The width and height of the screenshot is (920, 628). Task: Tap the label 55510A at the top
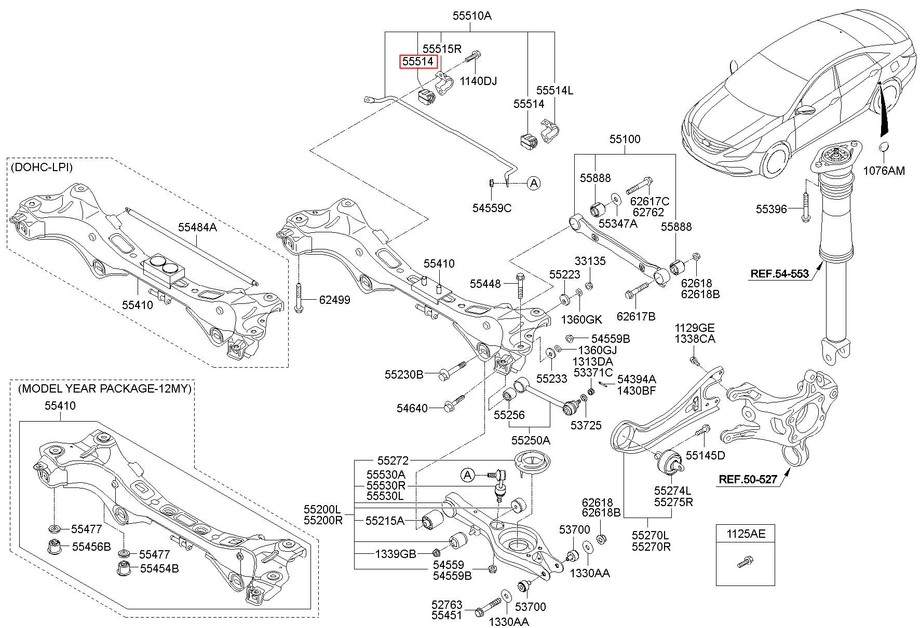(471, 16)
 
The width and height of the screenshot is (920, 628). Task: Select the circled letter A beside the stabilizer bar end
(534, 183)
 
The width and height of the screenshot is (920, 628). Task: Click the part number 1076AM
(884, 171)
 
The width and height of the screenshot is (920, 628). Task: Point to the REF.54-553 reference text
(779, 273)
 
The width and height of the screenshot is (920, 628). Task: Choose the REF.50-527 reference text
(748, 479)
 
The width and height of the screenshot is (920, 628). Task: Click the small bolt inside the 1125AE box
(745, 562)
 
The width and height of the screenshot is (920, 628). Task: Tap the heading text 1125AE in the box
(746, 533)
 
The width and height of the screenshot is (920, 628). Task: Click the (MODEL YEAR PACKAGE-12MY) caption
(105, 388)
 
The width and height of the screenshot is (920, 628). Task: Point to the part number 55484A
(197, 227)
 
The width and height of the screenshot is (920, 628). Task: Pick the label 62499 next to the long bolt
(334, 300)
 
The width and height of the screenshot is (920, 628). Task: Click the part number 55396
(772, 209)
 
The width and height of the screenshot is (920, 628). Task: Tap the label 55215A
(385, 520)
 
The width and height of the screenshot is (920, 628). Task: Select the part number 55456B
(91, 547)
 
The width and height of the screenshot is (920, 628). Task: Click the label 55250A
(531, 440)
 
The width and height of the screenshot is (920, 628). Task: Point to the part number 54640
(412, 408)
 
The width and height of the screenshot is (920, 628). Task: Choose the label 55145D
(705, 455)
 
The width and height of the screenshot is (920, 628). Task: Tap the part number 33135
(590, 261)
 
